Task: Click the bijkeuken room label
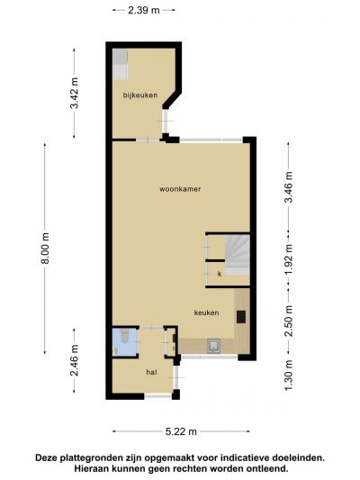140,95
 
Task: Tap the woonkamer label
180,189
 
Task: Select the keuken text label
206,312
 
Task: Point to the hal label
152,372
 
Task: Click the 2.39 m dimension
144,10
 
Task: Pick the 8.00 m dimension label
45,249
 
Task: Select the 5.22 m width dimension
181,431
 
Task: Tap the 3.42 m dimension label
75,93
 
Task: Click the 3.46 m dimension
289,187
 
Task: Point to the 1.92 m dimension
289,259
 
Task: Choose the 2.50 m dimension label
289,321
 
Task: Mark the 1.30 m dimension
289,376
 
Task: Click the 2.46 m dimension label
75,360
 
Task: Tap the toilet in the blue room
125,336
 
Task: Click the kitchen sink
213,346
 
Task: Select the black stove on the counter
241,317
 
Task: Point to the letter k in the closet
220,274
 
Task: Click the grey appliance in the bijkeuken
120,64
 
